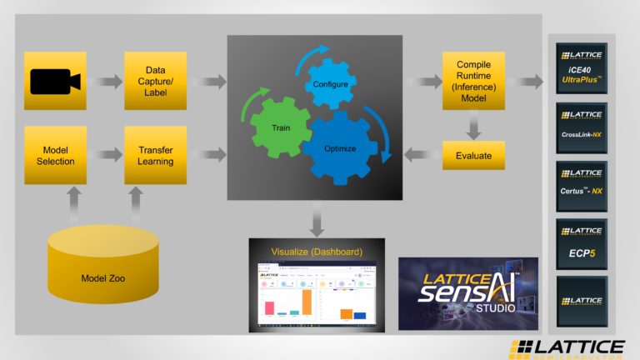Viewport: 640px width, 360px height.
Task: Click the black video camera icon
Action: click(x=56, y=82)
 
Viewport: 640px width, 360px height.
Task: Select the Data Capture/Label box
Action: click(x=155, y=81)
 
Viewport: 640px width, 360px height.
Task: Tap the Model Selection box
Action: click(x=56, y=155)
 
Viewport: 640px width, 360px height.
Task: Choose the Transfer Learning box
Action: click(x=155, y=155)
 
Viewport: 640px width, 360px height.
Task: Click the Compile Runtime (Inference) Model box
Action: click(x=473, y=81)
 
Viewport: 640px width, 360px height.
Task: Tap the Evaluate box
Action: click(x=473, y=155)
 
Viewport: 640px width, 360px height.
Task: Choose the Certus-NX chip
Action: click(x=582, y=186)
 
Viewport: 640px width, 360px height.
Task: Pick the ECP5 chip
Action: click(x=582, y=244)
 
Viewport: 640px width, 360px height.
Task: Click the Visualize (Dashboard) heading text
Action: click(x=317, y=252)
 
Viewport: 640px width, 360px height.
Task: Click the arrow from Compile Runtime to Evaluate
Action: click(x=473, y=125)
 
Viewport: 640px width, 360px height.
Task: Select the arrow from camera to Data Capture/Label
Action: click(x=106, y=82)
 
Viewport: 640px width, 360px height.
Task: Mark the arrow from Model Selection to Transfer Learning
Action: click(x=106, y=155)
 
